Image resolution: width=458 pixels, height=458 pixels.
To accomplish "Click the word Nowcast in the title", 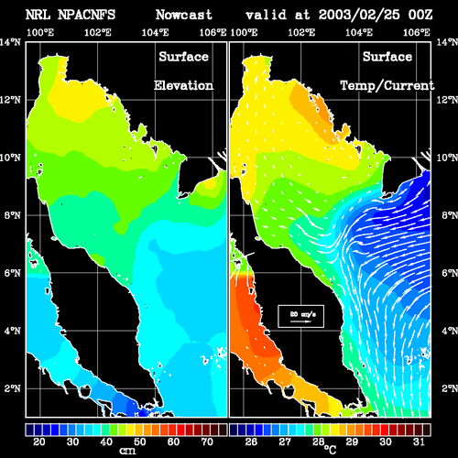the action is [x=184, y=15].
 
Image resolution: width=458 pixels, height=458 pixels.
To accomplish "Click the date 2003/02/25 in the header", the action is [x=359, y=15].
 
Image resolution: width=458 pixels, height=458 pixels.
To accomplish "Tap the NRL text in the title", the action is [x=38, y=15].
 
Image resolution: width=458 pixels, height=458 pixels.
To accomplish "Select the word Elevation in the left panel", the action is [x=183, y=85].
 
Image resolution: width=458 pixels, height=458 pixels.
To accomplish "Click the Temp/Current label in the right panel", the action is [x=387, y=85].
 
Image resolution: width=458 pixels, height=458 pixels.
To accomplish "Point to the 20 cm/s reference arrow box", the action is [x=300, y=316].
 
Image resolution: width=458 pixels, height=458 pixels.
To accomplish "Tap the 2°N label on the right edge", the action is [x=449, y=388].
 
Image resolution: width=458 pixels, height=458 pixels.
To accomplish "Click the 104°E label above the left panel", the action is [x=155, y=32].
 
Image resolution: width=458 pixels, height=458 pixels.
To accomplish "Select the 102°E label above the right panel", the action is [x=301, y=32].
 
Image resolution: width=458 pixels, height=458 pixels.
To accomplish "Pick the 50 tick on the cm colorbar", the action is [x=139, y=442].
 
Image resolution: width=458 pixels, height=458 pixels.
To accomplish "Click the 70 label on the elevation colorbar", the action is [x=207, y=442].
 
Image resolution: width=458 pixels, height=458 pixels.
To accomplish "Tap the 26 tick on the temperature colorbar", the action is [x=251, y=442].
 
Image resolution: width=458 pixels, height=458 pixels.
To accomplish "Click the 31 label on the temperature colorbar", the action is [x=419, y=442].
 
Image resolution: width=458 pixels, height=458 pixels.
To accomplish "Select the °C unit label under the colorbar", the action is [x=330, y=449].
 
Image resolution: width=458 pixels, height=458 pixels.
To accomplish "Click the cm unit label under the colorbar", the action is [x=127, y=451].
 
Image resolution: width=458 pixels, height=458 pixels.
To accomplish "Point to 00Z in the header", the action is [x=420, y=15].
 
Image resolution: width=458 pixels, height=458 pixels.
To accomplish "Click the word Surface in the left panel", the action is [x=183, y=57].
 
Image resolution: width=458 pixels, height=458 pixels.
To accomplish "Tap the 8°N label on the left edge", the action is [x=13, y=215].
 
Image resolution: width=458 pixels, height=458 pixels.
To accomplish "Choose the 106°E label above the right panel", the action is [x=417, y=32].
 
